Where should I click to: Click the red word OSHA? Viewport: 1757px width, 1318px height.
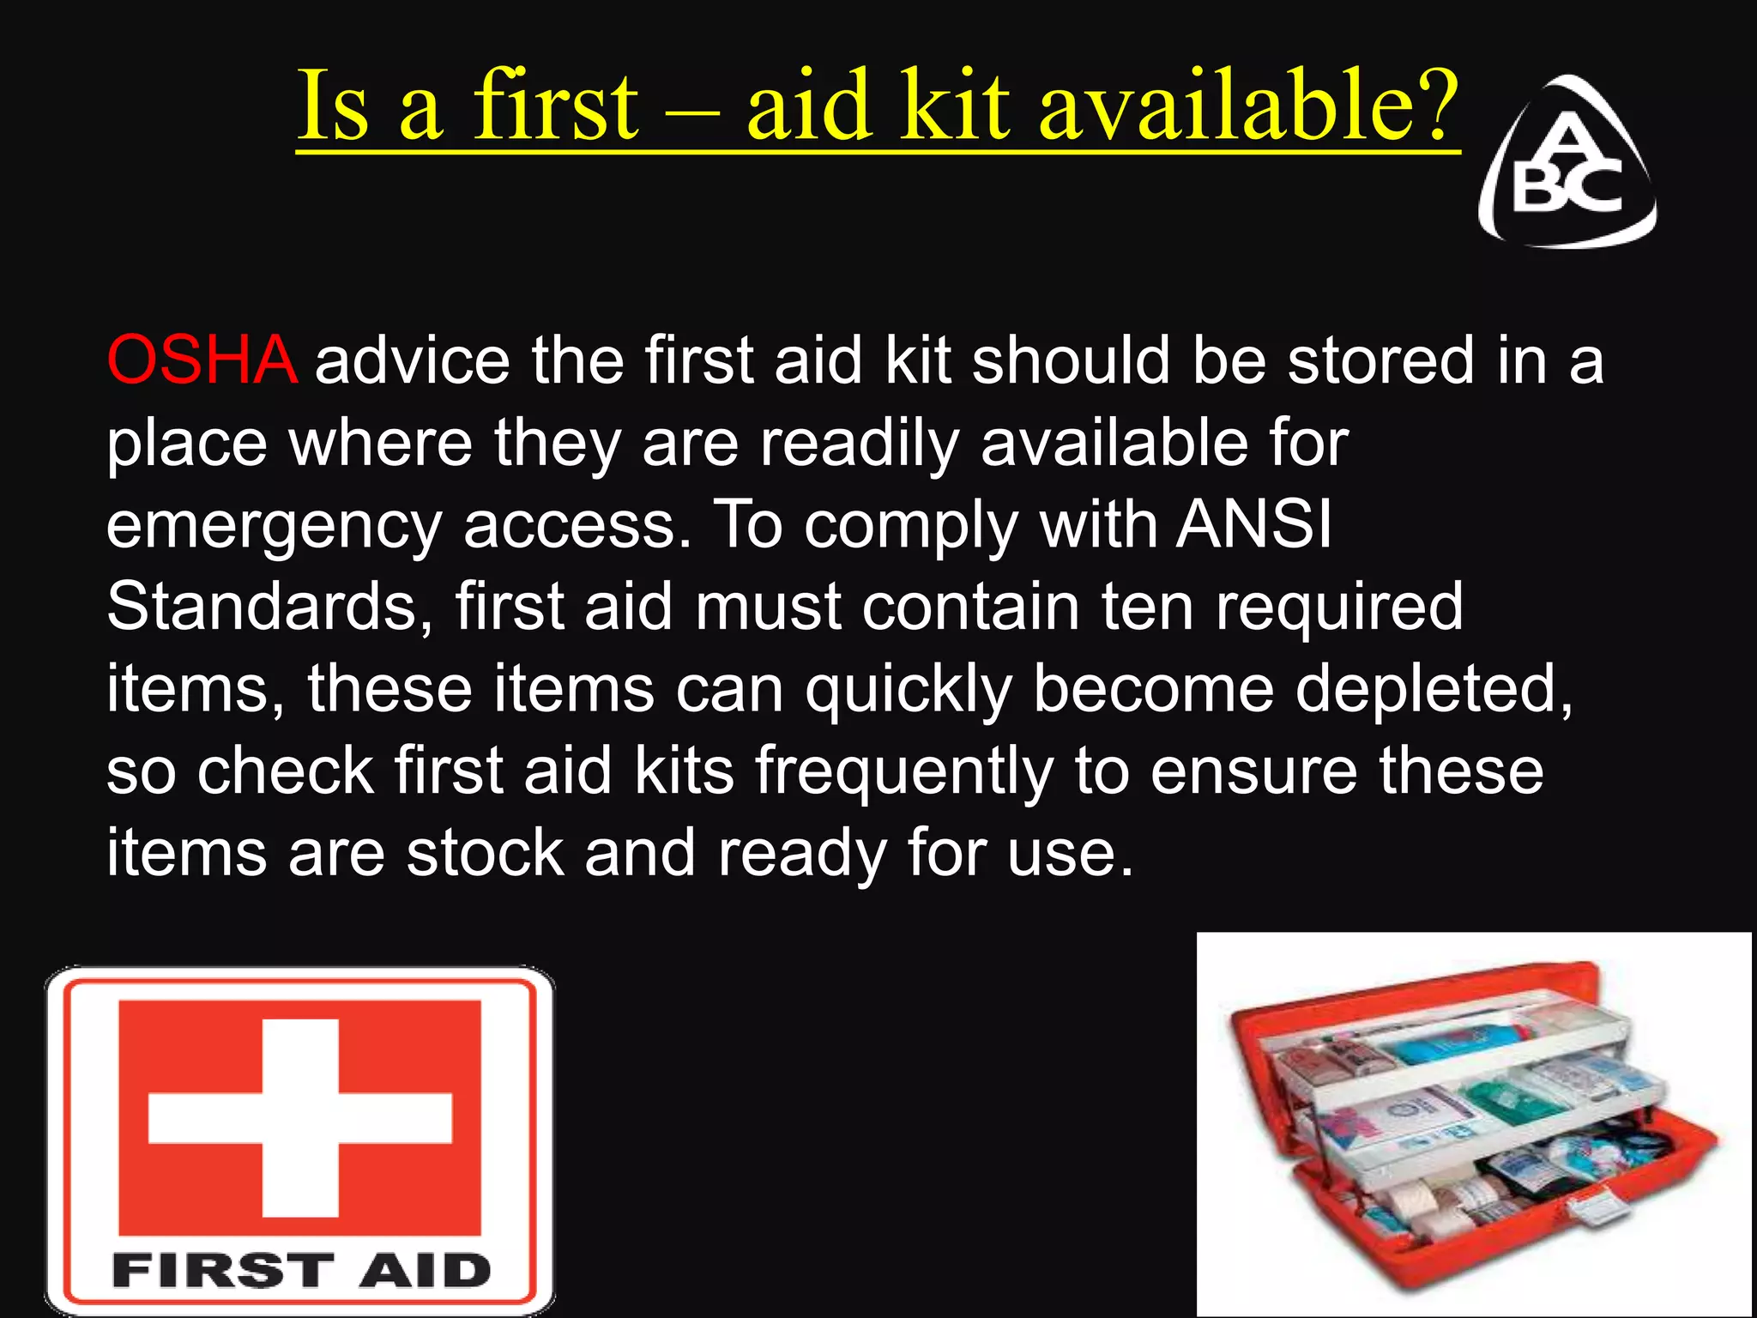[202, 360]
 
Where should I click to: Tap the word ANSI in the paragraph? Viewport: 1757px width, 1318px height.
[1254, 524]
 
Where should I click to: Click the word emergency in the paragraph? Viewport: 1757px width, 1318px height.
[274, 528]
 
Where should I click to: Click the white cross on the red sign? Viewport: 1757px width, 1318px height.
[299, 1117]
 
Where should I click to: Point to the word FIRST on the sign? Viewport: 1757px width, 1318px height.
[222, 1271]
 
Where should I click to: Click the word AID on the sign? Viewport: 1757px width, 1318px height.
[425, 1271]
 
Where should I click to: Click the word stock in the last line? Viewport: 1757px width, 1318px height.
[485, 854]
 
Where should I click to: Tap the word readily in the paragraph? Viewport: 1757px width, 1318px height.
[859, 444]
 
